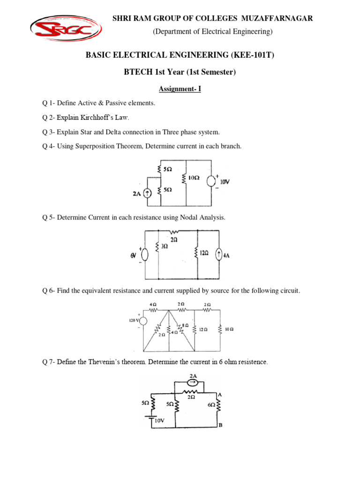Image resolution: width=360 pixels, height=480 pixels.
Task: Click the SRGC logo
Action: pyautogui.click(x=66, y=29)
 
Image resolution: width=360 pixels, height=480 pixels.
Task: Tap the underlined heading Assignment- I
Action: pyautogui.click(x=180, y=88)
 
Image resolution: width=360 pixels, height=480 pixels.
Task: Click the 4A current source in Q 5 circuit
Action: pyautogui.click(x=218, y=255)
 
